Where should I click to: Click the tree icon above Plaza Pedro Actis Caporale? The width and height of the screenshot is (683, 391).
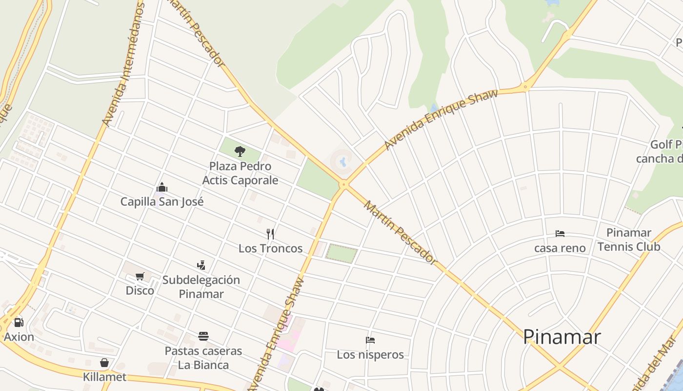pos(240,152)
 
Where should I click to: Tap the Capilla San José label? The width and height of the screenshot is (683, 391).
pos(162,201)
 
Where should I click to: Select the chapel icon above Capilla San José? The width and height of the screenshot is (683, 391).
pos(162,187)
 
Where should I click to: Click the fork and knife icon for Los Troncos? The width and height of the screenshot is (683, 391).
pos(270,234)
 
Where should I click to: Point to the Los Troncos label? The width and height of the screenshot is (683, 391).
pos(270,248)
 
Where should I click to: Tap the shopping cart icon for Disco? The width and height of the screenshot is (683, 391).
pos(140,277)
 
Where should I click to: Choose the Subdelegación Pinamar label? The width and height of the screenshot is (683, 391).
pos(201,287)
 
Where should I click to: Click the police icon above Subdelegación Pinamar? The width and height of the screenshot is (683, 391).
pos(201,265)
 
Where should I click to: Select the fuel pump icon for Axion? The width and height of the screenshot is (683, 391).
pos(19,323)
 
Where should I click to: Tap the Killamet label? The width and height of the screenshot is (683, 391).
pos(104,377)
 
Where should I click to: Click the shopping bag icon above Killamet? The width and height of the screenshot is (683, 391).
pos(104,363)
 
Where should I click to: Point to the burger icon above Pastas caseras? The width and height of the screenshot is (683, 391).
pos(203,336)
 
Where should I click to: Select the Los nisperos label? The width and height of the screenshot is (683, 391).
pos(370,354)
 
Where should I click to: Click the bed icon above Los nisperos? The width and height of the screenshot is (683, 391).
pos(370,340)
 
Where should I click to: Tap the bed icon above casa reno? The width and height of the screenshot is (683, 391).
pos(560,234)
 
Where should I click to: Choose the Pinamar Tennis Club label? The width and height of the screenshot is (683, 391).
pos(629,239)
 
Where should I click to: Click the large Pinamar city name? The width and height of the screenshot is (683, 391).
pos(562,337)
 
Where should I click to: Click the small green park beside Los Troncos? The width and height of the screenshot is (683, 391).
pos(341,254)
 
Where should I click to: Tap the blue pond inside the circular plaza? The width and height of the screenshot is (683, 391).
pos(343,161)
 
